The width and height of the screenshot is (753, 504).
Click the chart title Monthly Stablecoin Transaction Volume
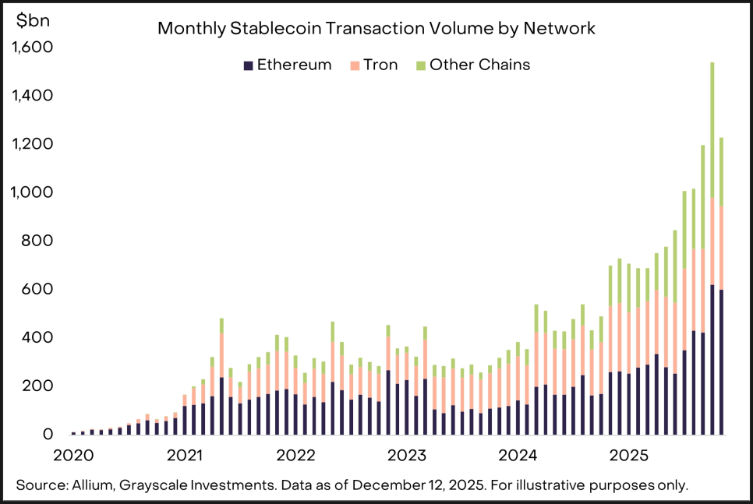pyautogui.click(x=376, y=29)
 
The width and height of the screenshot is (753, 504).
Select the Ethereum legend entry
pyautogui.click(x=288, y=65)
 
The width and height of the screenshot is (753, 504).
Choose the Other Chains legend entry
pyautogui.click(x=472, y=65)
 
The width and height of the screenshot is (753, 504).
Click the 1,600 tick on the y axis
pyautogui.click(x=33, y=48)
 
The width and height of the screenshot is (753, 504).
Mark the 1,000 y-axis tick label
pyautogui.click(x=33, y=192)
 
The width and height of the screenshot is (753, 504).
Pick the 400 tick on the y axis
pyautogui.click(x=38, y=337)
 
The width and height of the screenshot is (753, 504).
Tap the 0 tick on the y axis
pyautogui.click(x=48, y=434)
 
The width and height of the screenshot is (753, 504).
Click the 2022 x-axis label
pyautogui.click(x=295, y=454)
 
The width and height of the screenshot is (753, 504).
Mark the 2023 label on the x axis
pyautogui.click(x=406, y=454)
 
